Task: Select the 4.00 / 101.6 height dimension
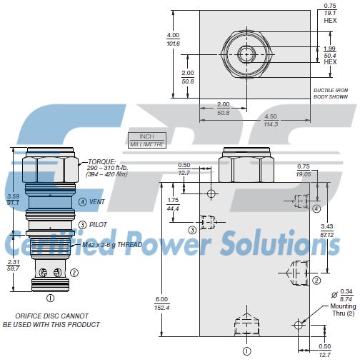(173, 39)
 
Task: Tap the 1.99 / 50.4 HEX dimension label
(331, 54)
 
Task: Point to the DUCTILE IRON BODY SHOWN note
(331, 93)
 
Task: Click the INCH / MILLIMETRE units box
(146, 140)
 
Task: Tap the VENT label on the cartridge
(98, 201)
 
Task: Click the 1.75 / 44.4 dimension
(173, 203)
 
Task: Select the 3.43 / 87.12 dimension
(329, 231)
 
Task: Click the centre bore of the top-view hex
(247, 53)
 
